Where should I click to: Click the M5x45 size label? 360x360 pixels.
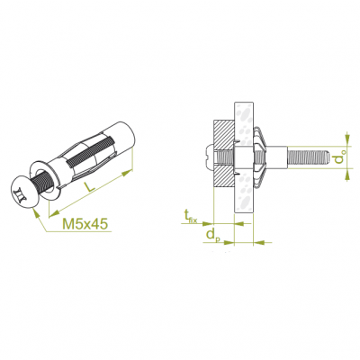[85, 224]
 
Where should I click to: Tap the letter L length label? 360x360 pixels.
[89, 186]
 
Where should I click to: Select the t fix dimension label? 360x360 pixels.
[191, 217]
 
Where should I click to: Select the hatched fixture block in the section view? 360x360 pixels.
[223, 153]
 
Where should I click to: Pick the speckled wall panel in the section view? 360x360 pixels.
[244, 158]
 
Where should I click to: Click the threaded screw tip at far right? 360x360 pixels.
[309, 157]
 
